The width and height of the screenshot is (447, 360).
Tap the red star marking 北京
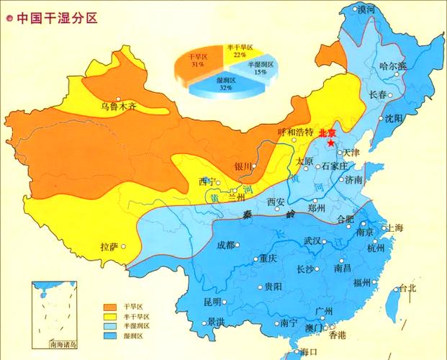click(x=330, y=143)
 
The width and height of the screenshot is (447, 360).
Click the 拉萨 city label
click(x=109, y=247)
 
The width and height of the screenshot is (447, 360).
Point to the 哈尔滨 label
click(x=392, y=66)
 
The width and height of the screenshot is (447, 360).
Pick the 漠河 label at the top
click(x=366, y=9)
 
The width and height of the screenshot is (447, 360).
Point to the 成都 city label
click(x=225, y=245)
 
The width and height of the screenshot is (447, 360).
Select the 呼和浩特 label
click(x=295, y=132)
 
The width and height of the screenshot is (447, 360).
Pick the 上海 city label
click(x=396, y=228)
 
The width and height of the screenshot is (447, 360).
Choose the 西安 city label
click(x=276, y=202)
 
